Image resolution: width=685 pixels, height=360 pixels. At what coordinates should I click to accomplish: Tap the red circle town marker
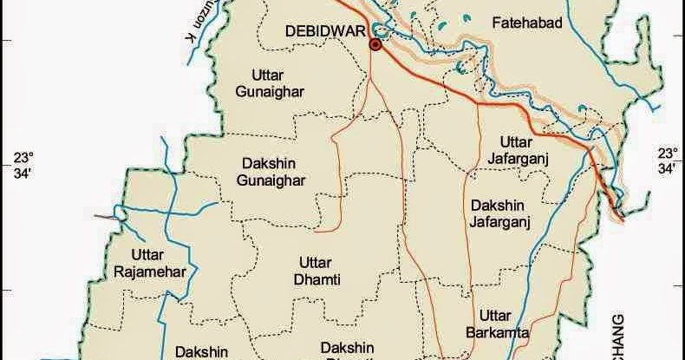click(375, 44)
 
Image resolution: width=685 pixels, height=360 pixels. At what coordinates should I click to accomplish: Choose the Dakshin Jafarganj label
click(500, 213)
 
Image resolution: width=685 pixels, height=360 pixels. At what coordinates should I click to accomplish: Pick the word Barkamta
click(499, 331)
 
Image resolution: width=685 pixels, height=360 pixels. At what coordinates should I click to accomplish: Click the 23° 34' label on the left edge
click(22, 165)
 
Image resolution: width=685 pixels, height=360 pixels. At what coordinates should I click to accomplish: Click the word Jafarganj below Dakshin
click(500, 221)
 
